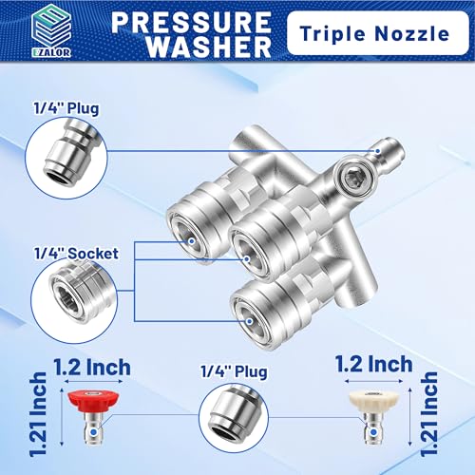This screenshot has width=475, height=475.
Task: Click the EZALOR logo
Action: coord(51,30)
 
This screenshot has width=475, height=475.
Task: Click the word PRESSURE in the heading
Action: coord(191,22)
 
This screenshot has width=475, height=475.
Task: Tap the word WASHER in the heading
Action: coord(209,47)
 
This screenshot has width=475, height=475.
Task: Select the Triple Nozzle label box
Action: coord(377,33)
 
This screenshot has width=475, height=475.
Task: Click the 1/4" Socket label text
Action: coord(76,254)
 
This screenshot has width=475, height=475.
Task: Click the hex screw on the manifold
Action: coord(352,174)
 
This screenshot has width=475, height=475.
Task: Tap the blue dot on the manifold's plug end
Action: coord(377,151)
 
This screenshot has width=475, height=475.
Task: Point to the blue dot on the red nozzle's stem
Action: coord(93,432)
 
